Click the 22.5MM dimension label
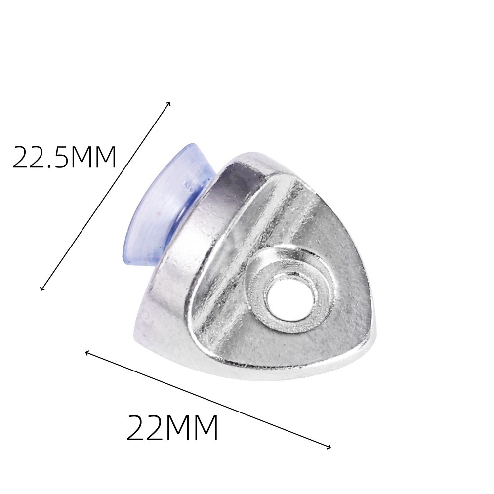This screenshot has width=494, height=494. tap(65, 157)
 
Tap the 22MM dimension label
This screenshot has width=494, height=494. tap(172, 428)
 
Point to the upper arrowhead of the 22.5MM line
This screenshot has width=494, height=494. tap(169, 103)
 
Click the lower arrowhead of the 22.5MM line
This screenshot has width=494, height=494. tap(42, 288)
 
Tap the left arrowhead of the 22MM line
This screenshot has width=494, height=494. tap(87, 353)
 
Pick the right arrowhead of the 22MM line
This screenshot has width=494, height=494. tap(329, 447)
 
